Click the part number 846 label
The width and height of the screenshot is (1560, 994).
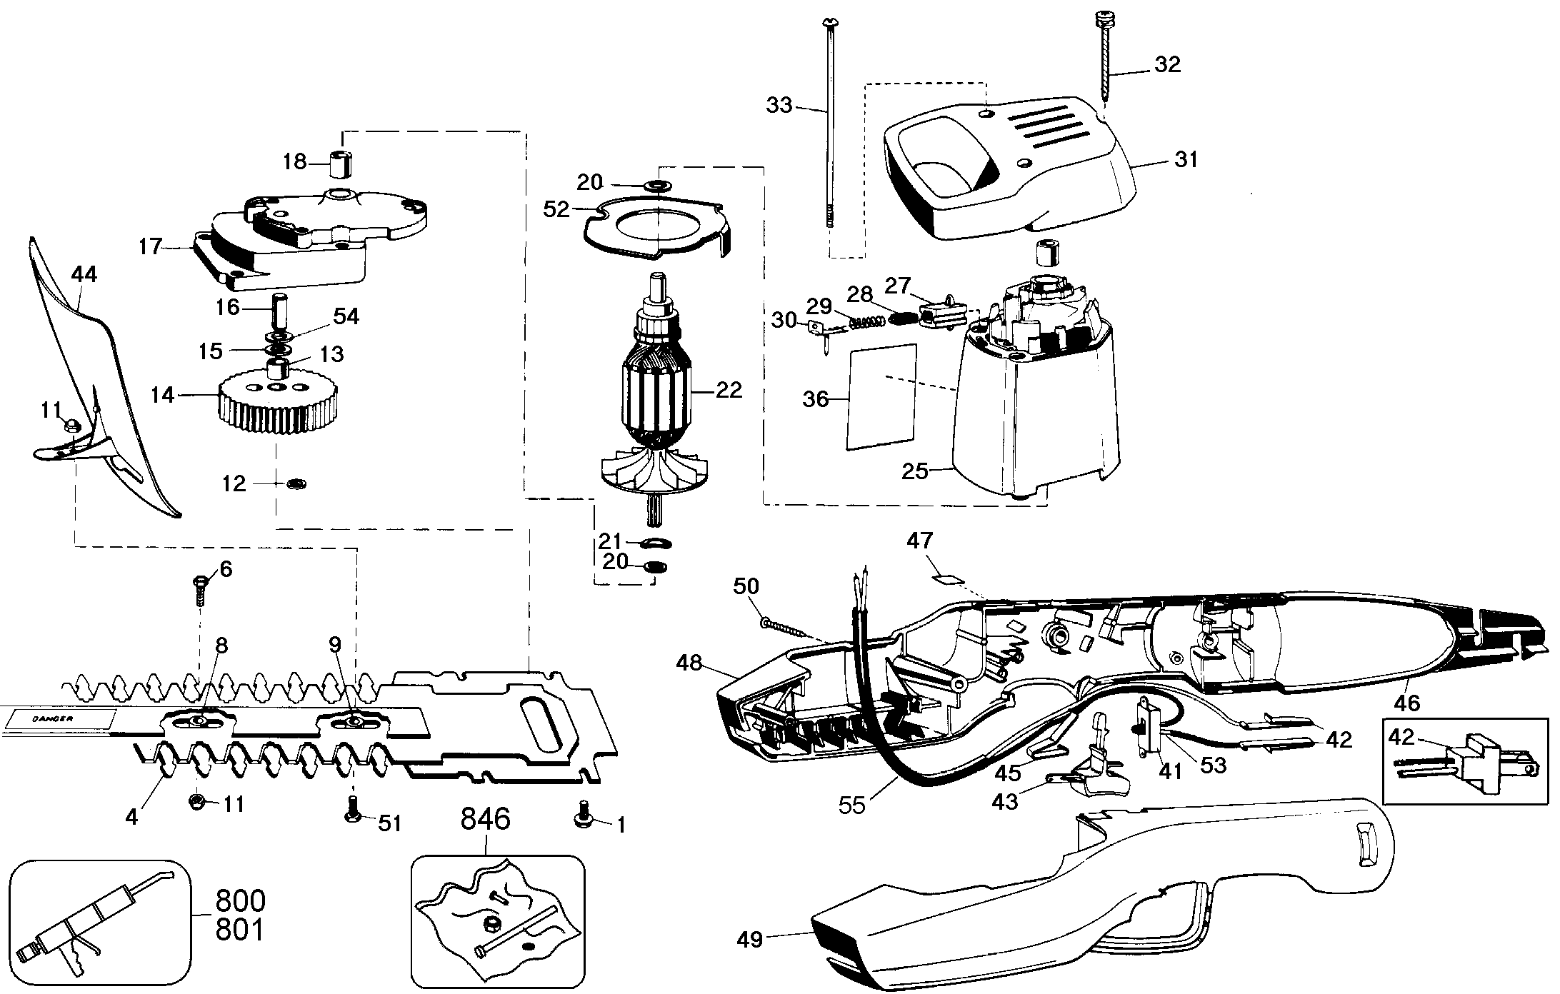coord(485,819)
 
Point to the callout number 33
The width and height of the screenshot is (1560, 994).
coord(779,106)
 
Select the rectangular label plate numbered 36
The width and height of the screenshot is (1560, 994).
coord(881,397)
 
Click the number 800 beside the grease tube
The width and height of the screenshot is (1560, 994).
coord(239,901)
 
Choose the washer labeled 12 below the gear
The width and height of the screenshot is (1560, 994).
coord(296,484)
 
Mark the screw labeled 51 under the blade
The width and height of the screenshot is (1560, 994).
coord(351,815)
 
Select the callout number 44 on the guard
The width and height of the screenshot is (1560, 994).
coord(84,274)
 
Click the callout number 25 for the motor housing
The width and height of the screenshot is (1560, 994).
coord(915,471)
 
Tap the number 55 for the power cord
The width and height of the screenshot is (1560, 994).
coord(852,805)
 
